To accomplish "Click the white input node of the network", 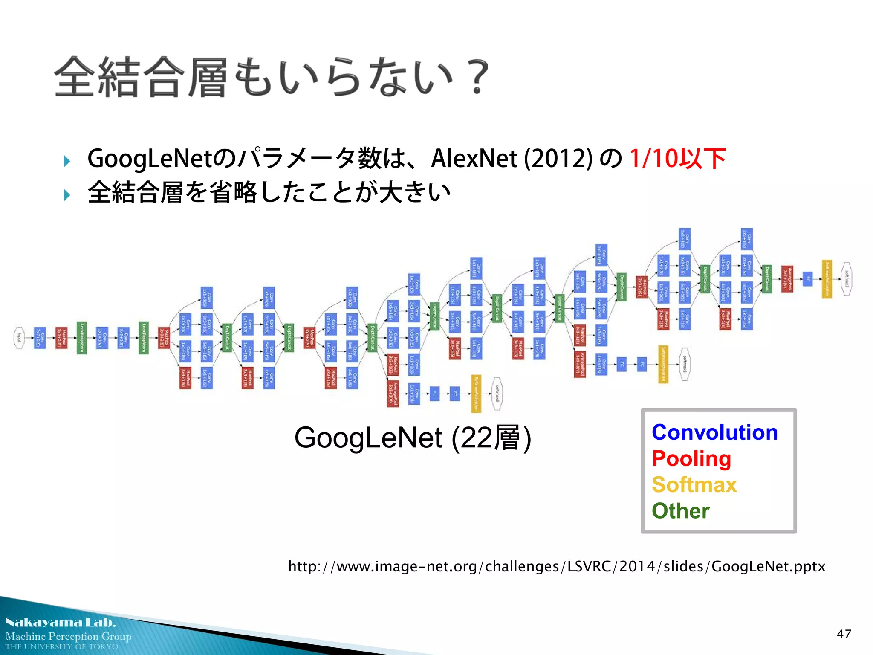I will tap(19, 338).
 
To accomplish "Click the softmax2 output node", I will tap(847, 279).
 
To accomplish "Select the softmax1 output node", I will tap(684, 364).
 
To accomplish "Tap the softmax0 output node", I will tap(497, 394).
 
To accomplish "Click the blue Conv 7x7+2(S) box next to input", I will tap(40, 338).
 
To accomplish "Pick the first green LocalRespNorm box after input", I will tap(81, 338).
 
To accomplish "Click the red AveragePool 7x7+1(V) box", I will tap(787, 279).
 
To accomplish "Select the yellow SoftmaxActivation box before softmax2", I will tap(827, 279).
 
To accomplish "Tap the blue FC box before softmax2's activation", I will tap(807, 279).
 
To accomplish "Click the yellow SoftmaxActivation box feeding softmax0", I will tap(476, 394).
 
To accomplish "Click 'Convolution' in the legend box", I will tap(714, 432).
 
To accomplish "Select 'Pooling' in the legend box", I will tap(691, 459).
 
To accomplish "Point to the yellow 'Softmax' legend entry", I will tap(694, 485).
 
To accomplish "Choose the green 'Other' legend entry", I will tap(680, 511).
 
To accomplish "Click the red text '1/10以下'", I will tap(678, 159).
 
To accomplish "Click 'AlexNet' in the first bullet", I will tap(474, 159).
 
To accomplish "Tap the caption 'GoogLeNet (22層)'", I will tap(413, 438).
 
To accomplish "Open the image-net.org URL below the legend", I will tap(557, 566).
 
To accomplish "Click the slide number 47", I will tap(844, 634).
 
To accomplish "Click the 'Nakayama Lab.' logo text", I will tap(61, 623).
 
